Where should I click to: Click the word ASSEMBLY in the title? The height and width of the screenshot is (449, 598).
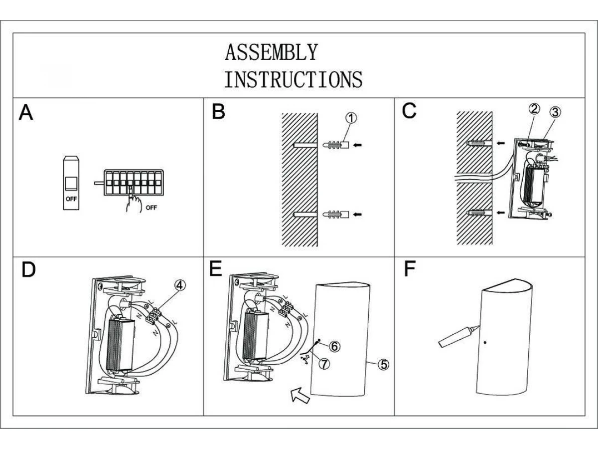pos(271,52)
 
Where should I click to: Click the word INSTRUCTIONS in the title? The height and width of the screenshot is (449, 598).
pos(293,79)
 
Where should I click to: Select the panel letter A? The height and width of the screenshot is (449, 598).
pos(26,113)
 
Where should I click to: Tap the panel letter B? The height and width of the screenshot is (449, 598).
pos(218,112)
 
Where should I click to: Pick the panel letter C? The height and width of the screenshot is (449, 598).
pos(409,111)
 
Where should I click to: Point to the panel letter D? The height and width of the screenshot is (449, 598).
pos(29,270)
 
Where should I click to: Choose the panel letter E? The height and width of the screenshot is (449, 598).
pos(216,269)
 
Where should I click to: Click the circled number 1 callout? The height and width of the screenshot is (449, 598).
pos(351,118)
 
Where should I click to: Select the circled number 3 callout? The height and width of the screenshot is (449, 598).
pos(555,112)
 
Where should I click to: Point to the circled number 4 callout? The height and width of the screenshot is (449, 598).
pos(180,285)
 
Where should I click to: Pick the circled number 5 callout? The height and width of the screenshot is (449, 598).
pos(383,364)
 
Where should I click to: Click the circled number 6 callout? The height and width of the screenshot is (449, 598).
pos(334,346)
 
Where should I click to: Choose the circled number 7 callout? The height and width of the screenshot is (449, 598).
pos(324,364)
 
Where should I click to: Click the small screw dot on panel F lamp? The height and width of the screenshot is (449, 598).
pos(485,343)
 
